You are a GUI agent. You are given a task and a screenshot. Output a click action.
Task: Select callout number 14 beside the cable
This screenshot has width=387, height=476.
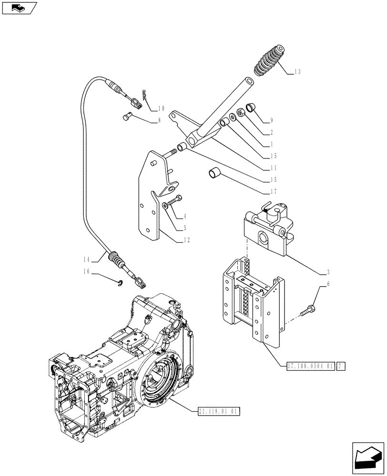click(86, 260)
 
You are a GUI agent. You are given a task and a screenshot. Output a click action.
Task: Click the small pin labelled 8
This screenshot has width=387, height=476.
click(126, 116)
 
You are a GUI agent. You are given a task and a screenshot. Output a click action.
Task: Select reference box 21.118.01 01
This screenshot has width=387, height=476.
click(217, 411)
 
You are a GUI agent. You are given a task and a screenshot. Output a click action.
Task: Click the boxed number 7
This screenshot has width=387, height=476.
click(341, 367)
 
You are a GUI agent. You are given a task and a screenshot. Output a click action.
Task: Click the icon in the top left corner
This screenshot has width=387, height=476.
click(19, 8)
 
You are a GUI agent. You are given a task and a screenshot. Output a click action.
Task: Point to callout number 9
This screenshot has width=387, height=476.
click(271, 120)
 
